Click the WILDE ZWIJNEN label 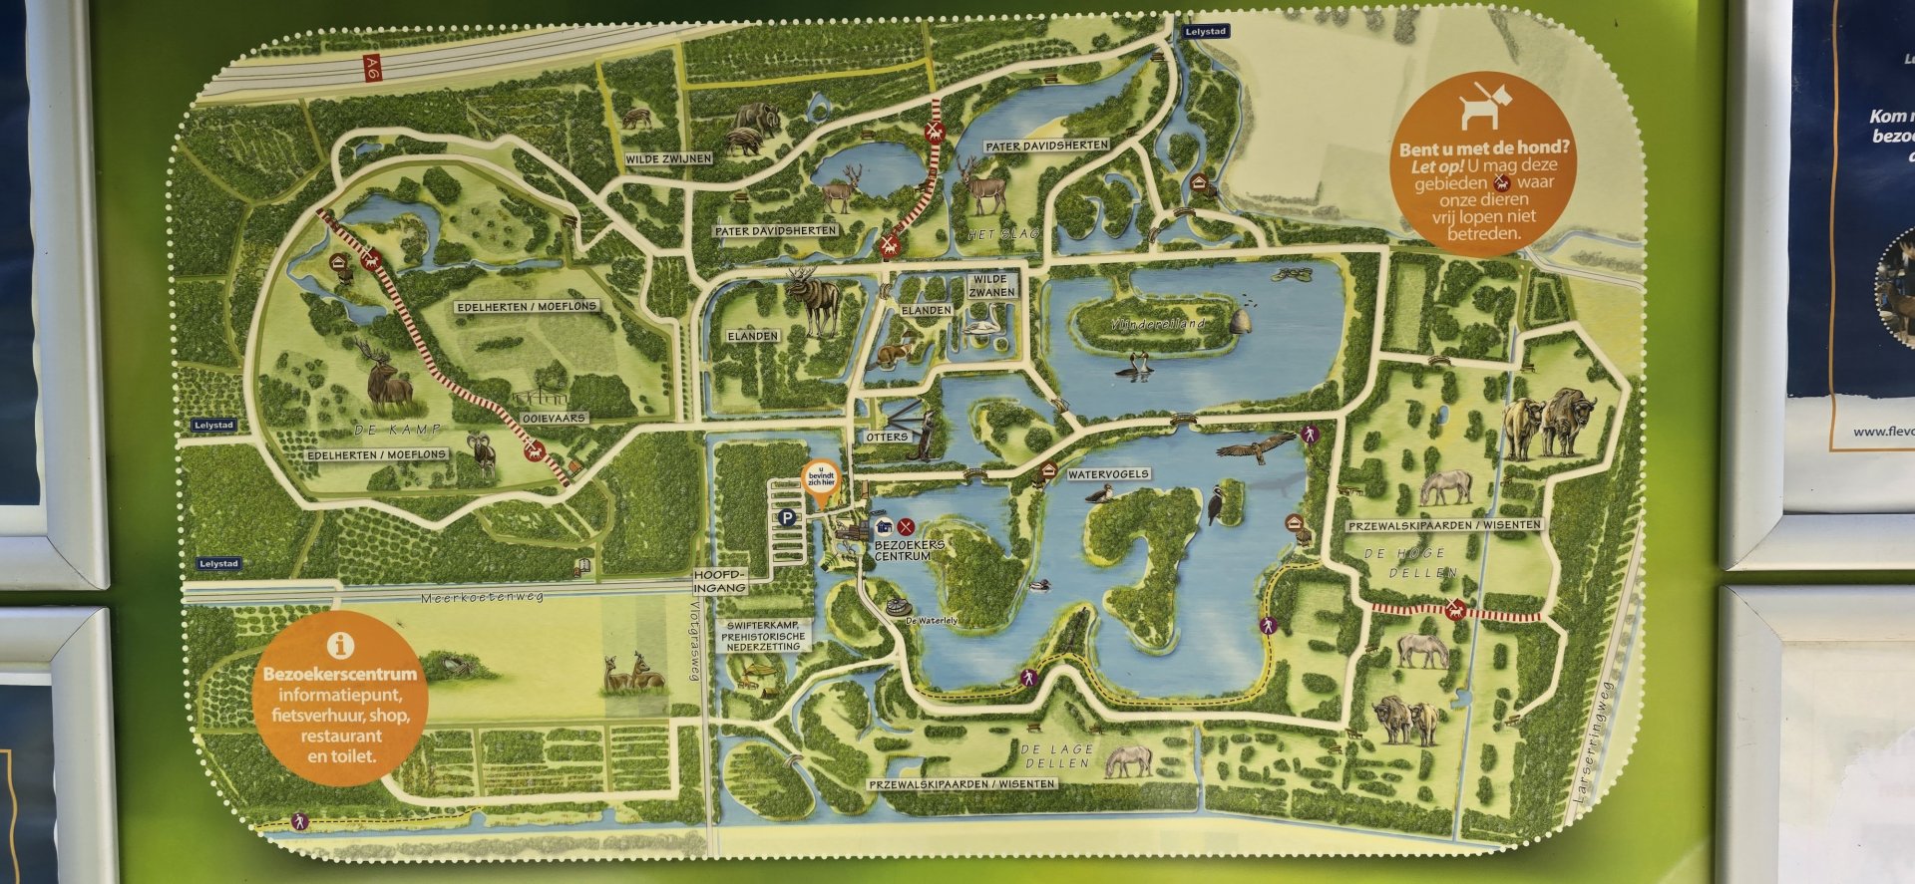[668, 158]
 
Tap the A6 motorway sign [373, 68]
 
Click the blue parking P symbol [789, 517]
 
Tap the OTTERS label [887, 437]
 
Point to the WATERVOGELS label [1108, 474]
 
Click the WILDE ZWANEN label [991, 286]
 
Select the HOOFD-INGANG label [720, 582]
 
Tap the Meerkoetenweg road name [482, 598]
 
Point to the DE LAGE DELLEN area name [1057, 755]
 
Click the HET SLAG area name [1003, 234]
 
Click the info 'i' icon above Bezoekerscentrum [340, 645]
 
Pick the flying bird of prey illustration [1255, 449]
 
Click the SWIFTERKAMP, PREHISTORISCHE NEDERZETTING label [763, 636]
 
